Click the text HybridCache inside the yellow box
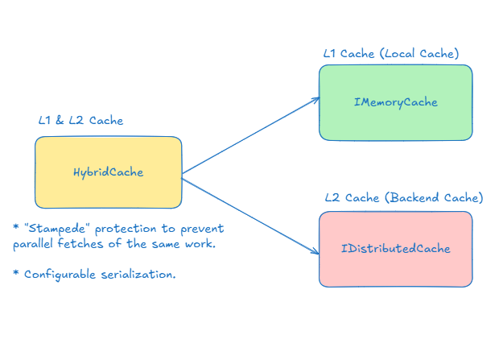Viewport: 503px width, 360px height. (x=108, y=172)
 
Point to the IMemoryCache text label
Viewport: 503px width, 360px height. (x=395, y=102)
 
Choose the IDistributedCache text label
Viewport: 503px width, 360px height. (x=395, y=248)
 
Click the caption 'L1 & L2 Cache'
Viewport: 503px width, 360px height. (x=80, y=121)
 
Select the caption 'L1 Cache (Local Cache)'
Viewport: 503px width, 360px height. (x=391, y=53)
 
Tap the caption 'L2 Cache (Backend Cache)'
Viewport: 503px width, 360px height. (x=403, y=197)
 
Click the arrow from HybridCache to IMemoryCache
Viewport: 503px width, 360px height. (x=249, y=135)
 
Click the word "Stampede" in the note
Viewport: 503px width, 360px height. (x=56, y=229)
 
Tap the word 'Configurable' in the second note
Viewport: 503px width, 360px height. (x=59, y=275)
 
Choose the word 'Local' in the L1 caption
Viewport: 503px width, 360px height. (x=400, y=53)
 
